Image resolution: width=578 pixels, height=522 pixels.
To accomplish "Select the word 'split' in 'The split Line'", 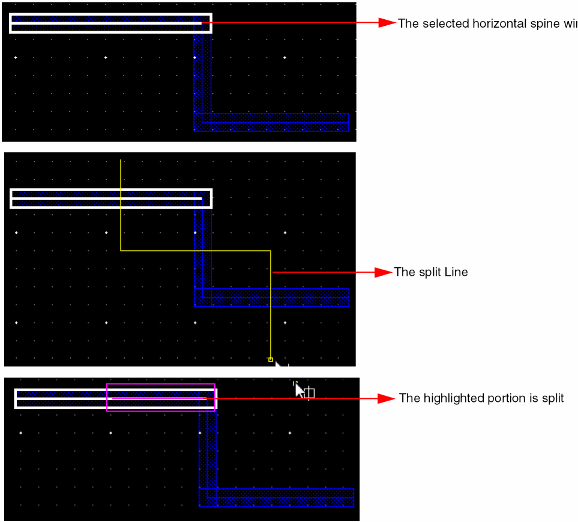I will tap(429, 272).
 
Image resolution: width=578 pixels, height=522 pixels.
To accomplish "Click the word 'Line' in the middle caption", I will tap(456, 272).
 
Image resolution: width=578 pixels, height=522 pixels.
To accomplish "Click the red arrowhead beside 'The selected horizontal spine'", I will tap(387, 23).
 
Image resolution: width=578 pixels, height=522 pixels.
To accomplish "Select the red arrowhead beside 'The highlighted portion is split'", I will tap(387, 398).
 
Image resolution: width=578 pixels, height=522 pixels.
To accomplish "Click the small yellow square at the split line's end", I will tap(271, 359).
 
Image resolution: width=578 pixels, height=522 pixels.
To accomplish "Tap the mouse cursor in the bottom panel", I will tap(300, 390).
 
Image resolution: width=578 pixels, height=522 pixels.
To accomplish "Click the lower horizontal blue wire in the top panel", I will tap(276, 122).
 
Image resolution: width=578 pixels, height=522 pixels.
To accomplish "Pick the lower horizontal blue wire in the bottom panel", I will tap(282, 497).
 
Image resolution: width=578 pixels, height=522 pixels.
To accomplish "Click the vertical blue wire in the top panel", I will tap(202, 72).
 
